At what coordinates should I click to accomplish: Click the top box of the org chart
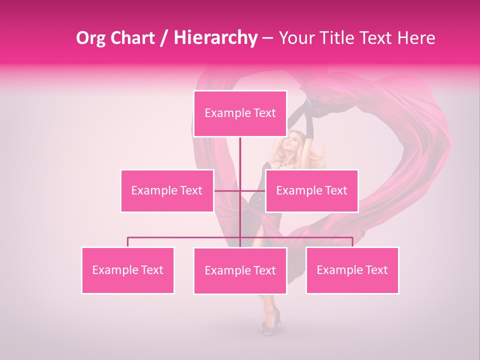click(x=240, y=113)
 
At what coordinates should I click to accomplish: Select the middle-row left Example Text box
click(x=167, y=190)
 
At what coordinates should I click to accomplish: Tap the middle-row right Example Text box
click(x=311, y=190)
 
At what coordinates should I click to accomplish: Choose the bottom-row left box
click(x=128, y=270)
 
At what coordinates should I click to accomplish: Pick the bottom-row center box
click(x=240, y=270)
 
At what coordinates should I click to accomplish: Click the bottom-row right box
click(x=352, y=270)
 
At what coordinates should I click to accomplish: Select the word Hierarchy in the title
click(x=215, y=38)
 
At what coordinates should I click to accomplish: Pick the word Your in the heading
click(x=295, y=38)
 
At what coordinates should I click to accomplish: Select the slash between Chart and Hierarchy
click(x=163, y=38)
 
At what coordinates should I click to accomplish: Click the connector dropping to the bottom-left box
click(x=128, y=242)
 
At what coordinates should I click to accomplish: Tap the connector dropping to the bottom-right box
click(x=352, y=242)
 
